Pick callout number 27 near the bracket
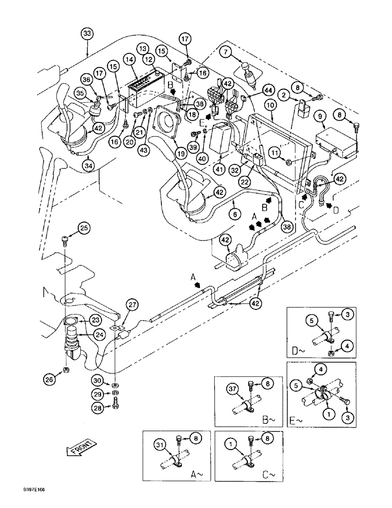133,305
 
